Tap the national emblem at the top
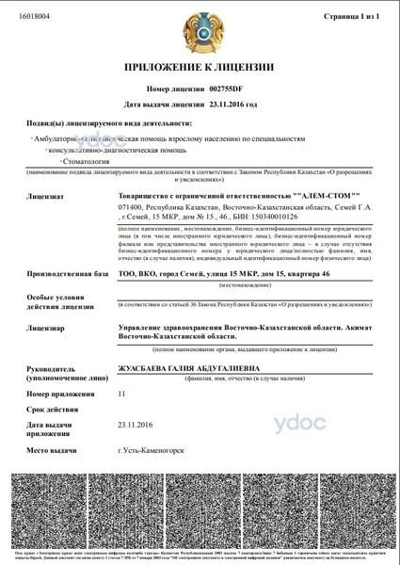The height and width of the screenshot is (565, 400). [200, 30]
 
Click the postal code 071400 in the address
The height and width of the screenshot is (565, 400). [130, 204]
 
